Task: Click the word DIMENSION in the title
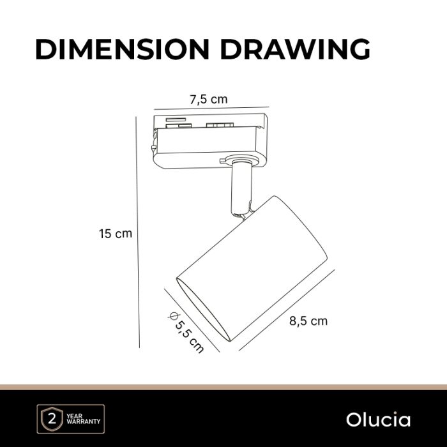pyautogui.click(x=123, y=49)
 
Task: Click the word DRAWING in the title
pyautogui.click(x=295, y=49)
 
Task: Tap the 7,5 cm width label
pyautogui.click(x=209, y=100)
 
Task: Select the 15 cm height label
pyautogui.click(x=116, y=234)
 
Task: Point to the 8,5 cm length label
pyautogui.click(x=308, y=321)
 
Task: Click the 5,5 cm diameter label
pyautogui.click(x=190, y=337)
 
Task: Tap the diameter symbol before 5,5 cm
pyautogui.click(x=173, y=316)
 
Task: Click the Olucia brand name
pyautogui.click(x=378, y=420)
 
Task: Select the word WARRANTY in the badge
pyautogui.click(x=84, y=421)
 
